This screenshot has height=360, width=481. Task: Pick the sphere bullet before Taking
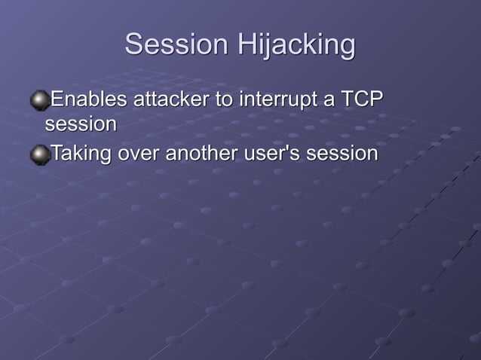click(38, 154)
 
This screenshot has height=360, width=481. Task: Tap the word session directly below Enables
click(81, 123)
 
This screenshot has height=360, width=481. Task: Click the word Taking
click(81, 154)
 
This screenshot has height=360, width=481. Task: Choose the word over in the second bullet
click(138, 154)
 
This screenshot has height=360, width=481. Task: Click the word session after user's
click(342, 154)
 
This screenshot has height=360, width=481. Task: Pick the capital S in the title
click(134, 44)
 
